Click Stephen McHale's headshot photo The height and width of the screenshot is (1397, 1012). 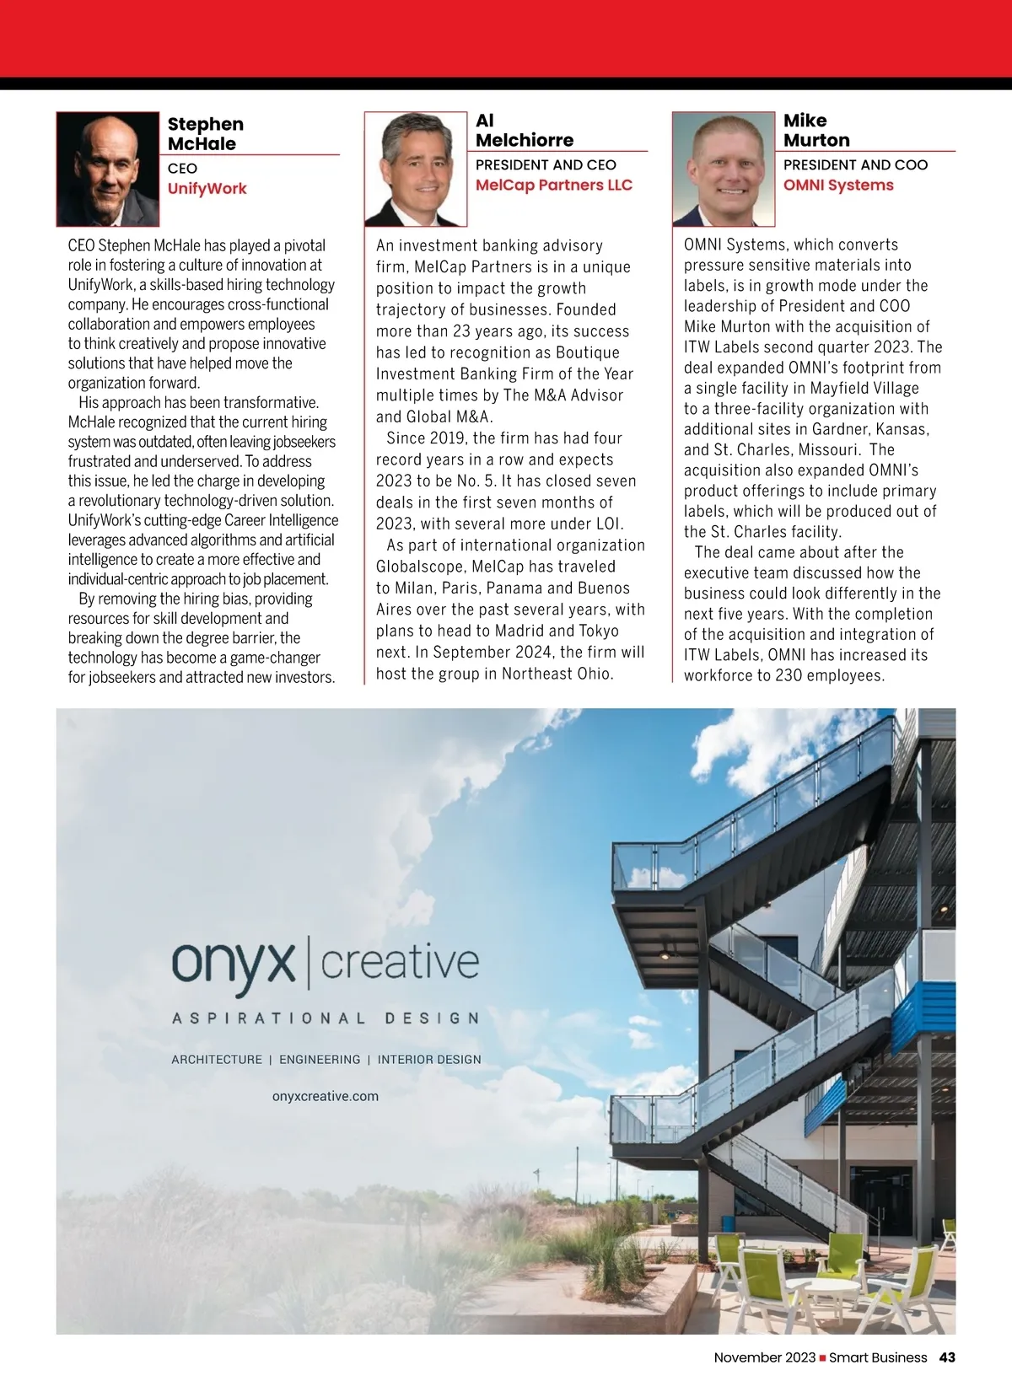coord(108,169)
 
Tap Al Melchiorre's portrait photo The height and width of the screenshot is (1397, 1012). coord(416,169)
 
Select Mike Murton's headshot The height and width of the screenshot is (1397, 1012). coord(724,169)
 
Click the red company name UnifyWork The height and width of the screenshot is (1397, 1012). coord(207,188)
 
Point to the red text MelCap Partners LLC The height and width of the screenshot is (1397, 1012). coord(553,185)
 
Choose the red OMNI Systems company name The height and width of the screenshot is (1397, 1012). coord(837,185)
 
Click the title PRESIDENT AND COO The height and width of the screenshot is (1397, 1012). coord(855,164)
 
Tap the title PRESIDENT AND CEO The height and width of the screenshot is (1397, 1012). coord(546,164)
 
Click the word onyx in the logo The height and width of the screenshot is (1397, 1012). coord(234,963)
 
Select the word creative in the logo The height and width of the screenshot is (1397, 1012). coord(400,963)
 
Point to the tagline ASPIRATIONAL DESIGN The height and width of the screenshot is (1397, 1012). coord(326,1018)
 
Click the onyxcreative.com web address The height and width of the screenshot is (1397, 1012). coord(326,1096)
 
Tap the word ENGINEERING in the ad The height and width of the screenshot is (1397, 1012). coord(320,1059)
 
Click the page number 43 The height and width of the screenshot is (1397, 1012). coord(947,1357)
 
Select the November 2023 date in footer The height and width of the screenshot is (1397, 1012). coord(764,1357)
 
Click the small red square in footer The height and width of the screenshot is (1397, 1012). coord(822,1358)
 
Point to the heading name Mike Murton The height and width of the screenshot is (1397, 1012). coord(816,131)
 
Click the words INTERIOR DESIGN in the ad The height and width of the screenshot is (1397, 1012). coord(429,1059)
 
